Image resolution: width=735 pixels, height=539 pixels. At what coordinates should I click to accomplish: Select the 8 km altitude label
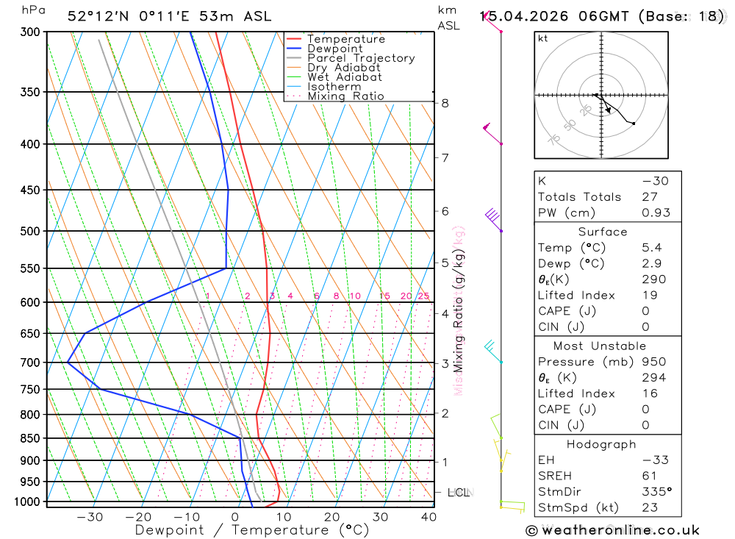(x=445, y=103)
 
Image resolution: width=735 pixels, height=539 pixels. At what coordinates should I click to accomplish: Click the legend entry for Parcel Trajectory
(x=361, y=58)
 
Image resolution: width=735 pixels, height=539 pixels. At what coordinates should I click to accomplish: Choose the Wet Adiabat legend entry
(x=344, y=77)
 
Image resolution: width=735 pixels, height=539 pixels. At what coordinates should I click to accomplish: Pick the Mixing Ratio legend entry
(x=345, y=96)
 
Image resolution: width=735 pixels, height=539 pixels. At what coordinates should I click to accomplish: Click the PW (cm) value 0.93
(x=656, y=213)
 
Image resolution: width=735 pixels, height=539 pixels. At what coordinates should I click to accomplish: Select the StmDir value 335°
(x=656, y=491)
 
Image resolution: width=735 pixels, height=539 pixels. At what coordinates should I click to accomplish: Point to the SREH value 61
(x=649, y=476)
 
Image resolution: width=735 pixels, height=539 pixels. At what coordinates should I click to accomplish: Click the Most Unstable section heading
(x=599, y=346)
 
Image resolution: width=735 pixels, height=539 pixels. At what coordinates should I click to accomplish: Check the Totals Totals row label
(x=579, y=197)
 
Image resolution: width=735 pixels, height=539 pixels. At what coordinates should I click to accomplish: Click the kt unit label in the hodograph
(x=543, y=39)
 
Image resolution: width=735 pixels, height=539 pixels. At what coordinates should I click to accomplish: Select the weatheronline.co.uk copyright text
(x=613, y=530)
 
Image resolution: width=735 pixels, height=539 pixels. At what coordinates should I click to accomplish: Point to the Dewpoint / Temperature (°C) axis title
(x=252, y=529)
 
